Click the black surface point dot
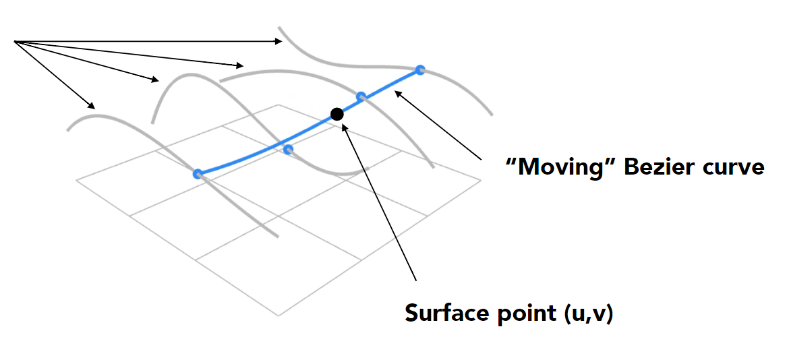tap(337, 113)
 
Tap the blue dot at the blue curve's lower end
tap(198, 174)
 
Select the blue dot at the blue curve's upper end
tap(420, 69)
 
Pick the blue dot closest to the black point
tap(361, 96)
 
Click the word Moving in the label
tap(560, 167)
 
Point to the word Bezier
tap(658, 167)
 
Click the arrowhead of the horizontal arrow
tap(280, 42)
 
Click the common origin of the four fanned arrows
tap(14, 42)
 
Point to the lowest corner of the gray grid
tap(278, 315)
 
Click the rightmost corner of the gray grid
tap(481, 179)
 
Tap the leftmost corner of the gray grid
tap(77, 179)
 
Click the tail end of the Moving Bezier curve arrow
tap(481, 159)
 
